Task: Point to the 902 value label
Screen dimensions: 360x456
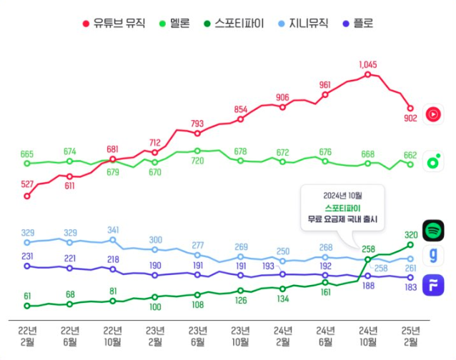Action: (410, 119)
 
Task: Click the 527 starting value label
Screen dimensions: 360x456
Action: (27, 184)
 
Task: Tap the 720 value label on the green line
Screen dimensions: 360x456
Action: (197, 161)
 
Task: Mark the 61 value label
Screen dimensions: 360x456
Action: (27, 295)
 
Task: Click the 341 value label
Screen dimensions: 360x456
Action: (114, 230)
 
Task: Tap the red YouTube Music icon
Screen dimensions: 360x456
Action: (433, 114)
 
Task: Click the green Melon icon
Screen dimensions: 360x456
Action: (433, 161)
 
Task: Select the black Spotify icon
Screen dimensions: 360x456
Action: (433, 230)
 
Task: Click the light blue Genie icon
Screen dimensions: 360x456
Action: (433, 256)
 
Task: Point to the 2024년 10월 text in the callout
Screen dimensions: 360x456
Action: (342, 195)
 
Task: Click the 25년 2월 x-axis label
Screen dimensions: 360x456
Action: (410, 335)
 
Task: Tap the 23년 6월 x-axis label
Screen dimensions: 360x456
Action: (197, 335)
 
